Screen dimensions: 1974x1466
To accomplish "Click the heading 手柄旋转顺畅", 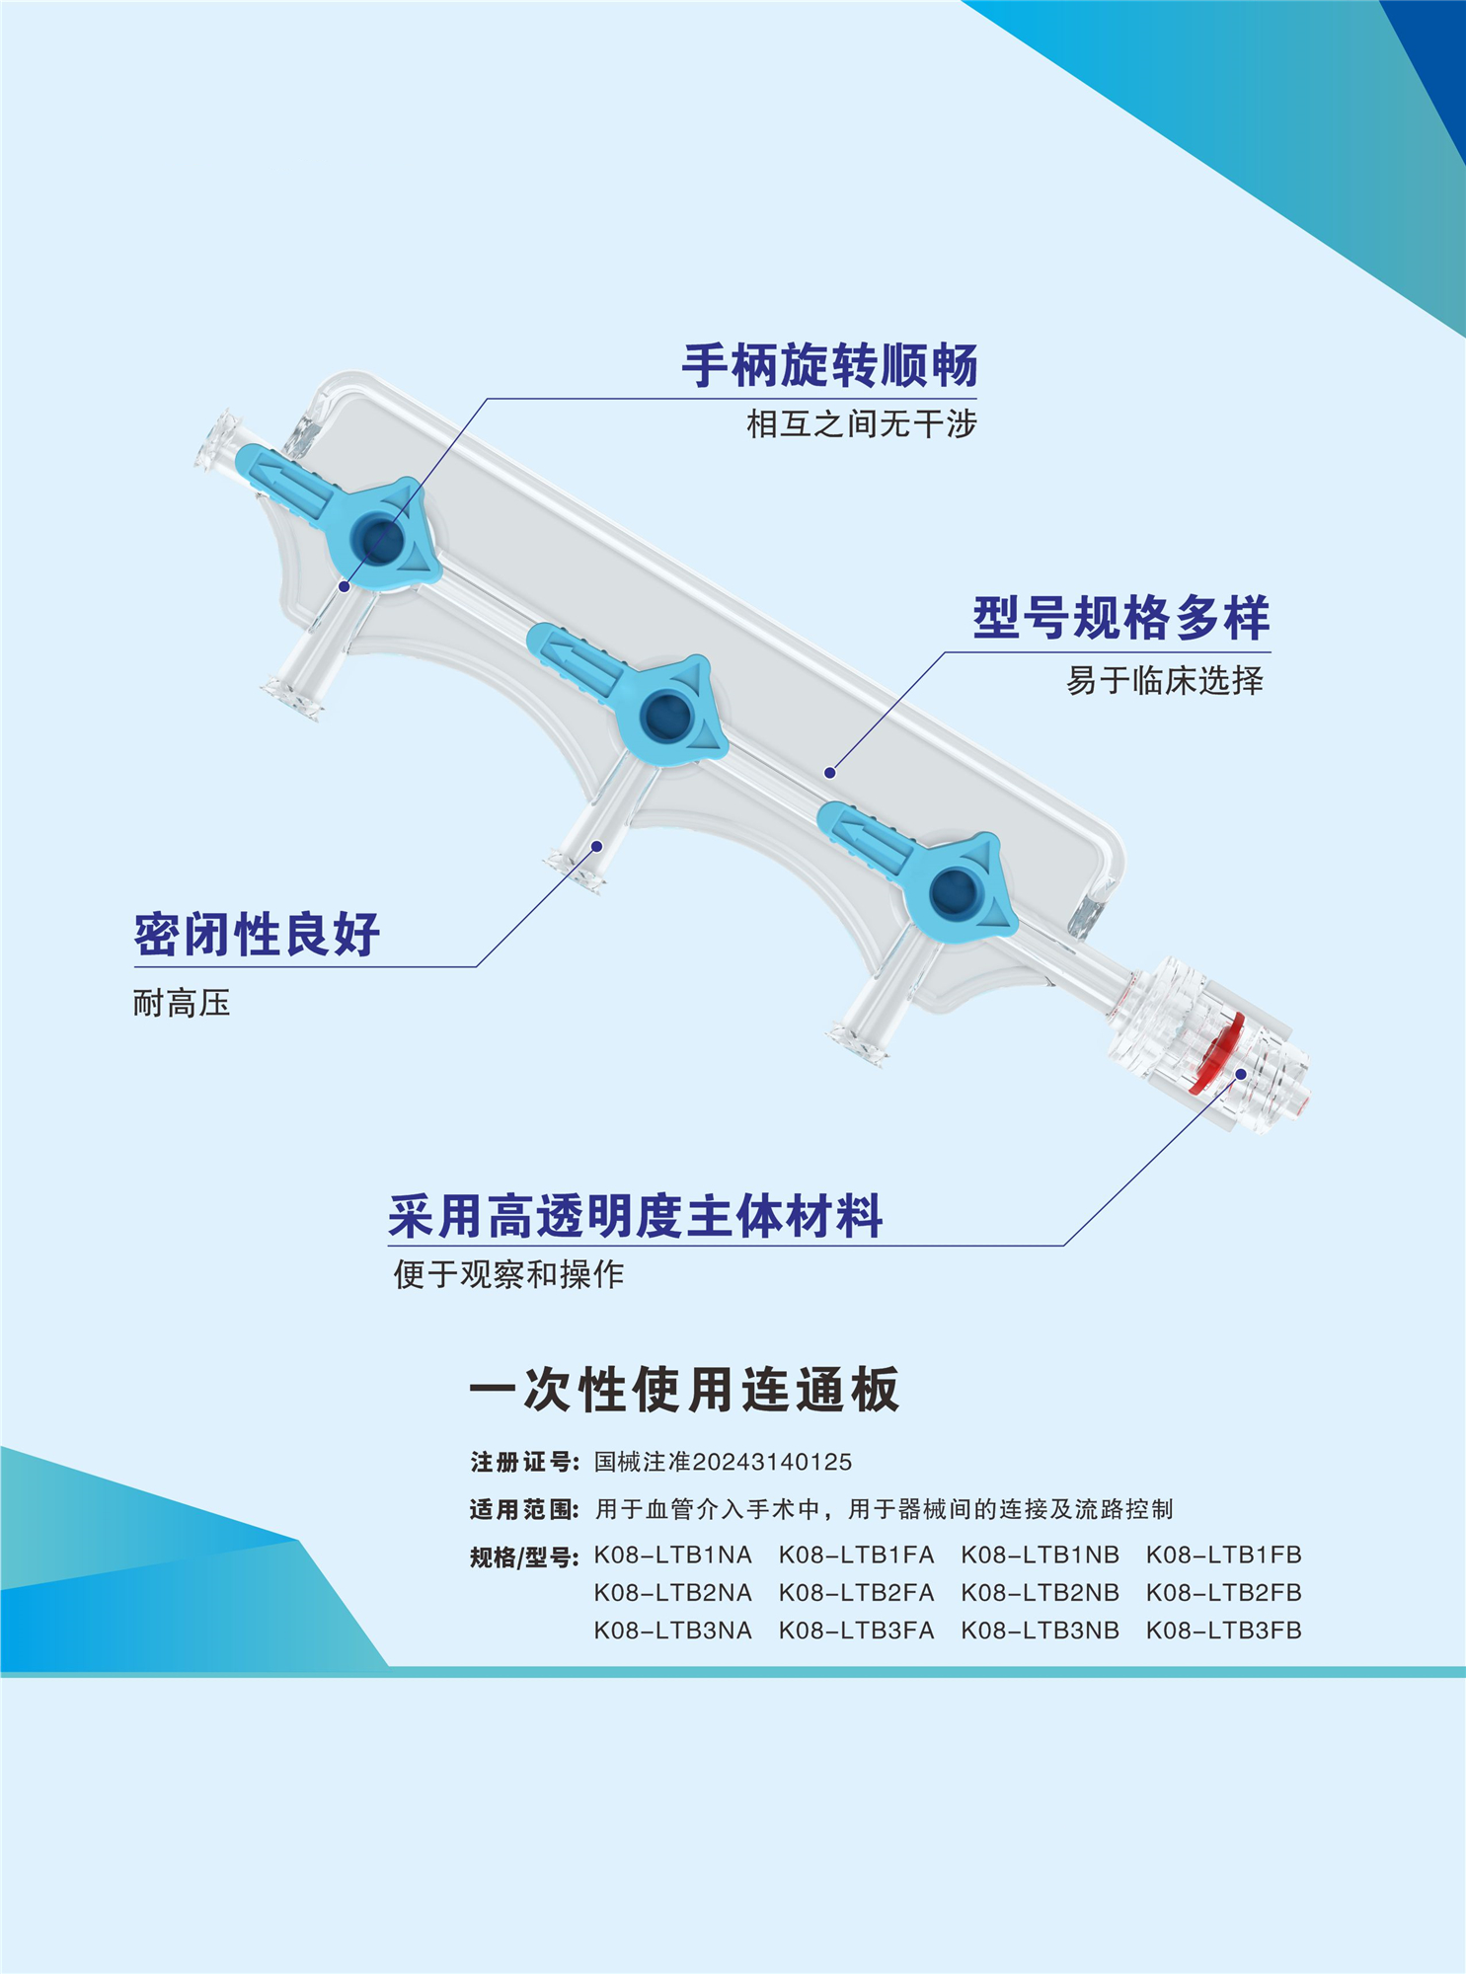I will point(829,366).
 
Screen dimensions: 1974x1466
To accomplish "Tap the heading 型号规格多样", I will point(1120,619).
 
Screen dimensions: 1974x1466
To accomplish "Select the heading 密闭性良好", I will point(257,934).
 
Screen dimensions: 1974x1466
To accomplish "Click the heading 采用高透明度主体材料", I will point(635,1216).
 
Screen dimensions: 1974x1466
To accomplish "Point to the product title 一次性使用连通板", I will point(684,1390).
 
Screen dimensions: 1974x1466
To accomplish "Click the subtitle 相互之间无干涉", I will point(861,424).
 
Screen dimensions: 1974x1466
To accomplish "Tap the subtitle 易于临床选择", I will point(1164,680).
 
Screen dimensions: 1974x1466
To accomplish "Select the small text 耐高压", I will point(182,1003).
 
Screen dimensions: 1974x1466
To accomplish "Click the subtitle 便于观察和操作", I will point(508,1274).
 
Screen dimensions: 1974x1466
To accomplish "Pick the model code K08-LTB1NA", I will point(672,1556).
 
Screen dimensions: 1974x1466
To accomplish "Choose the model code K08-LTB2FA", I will point(856,1593).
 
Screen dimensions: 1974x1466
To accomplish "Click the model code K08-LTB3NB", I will point(1040,1631).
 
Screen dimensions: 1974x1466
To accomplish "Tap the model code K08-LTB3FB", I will point(1223,1631).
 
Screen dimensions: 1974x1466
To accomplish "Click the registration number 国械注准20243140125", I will point(723,1462).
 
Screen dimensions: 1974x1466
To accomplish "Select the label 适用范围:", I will point(524,1509).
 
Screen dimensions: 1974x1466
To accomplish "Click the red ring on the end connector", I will point(1216,1052).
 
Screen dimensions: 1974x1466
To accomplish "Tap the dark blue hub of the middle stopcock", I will point(666,714).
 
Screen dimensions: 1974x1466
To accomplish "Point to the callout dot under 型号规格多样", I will point(830,773).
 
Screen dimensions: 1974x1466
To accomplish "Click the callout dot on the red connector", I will point(1241,1074).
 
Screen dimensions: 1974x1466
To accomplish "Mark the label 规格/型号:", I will point(524,1557).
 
